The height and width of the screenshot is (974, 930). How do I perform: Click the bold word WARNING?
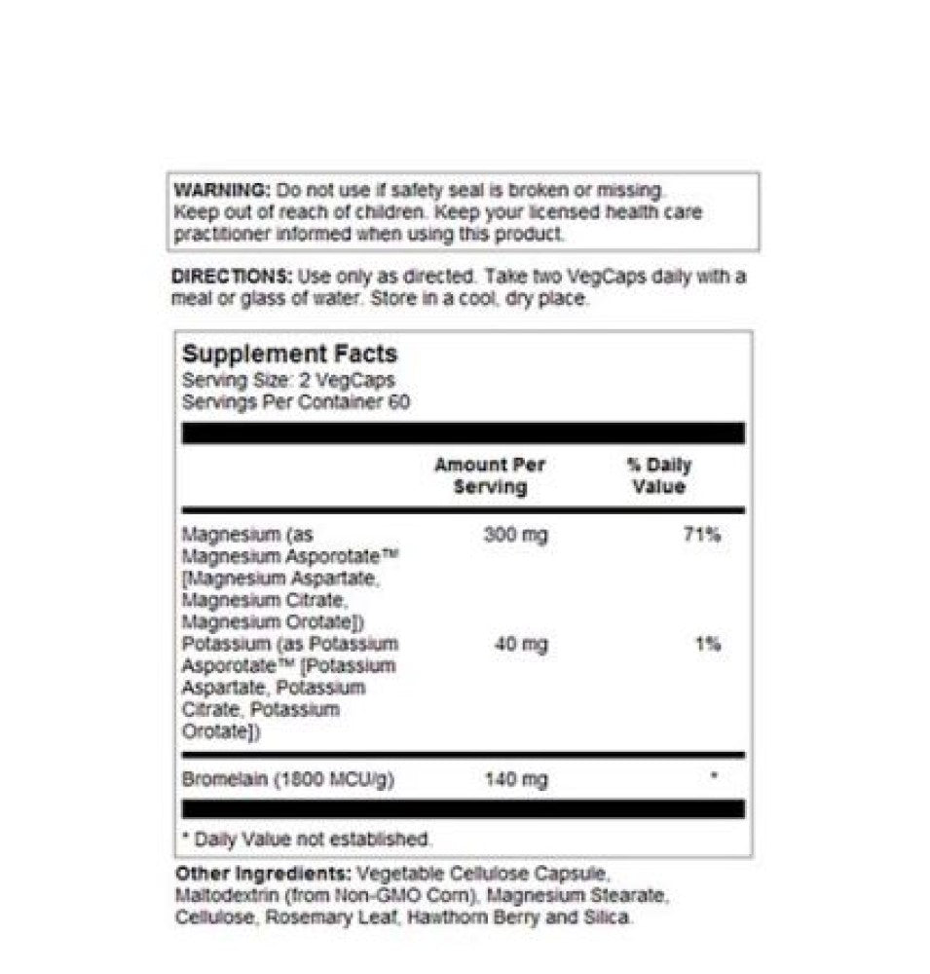[x=222, y=190]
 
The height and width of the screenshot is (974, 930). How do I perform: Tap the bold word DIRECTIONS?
[x=231, y=277]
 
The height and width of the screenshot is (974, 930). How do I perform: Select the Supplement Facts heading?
[x=290, y=355]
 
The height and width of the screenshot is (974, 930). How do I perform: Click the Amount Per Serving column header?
[x=490, y=475]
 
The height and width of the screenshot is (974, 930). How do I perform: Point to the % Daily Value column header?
[x=658, y=475]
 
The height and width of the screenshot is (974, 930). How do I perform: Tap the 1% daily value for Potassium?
[x=708, y=644]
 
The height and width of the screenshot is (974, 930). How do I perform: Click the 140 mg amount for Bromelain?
[x=515, y=779]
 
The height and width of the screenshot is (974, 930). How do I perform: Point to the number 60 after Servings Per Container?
[x=398, y=402]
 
